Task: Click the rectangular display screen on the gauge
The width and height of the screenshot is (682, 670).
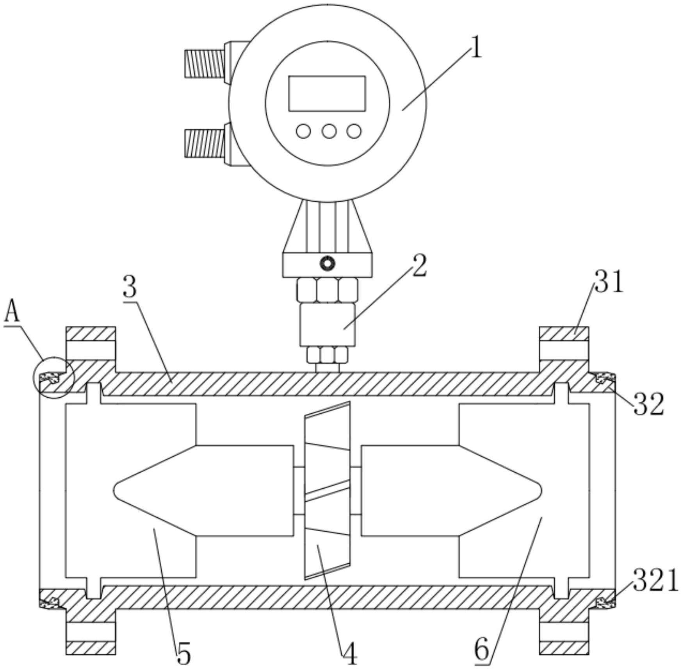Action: coord(327,93)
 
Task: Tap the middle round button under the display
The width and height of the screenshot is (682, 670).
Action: coord(329,131)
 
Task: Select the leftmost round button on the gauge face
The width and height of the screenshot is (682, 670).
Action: coord(303,131)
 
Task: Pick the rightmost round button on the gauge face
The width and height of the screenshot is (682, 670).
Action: coord(354,131)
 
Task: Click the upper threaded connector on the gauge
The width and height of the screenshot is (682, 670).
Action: coord(205,63)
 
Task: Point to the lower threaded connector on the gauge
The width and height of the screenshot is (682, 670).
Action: coord(205,143)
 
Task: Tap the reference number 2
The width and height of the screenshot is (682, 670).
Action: coord(419,266)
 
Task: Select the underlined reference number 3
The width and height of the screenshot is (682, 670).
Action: coord(130,287)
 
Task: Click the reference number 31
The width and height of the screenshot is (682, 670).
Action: coord(609,281)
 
